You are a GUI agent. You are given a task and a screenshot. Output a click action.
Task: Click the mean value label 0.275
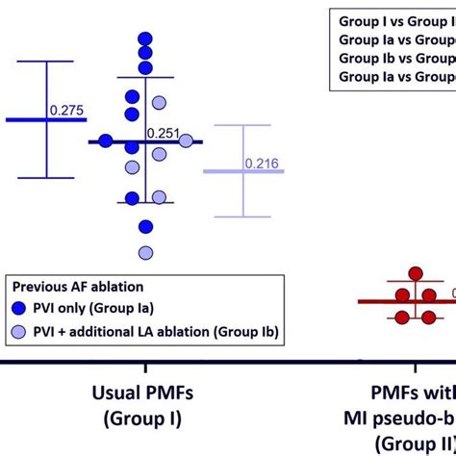point(65,110)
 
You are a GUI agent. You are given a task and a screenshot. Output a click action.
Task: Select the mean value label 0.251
point(164,133)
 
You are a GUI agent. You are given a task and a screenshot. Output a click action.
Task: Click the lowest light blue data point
point(145,252)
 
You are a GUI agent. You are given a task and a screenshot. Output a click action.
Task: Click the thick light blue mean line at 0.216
point(231,171)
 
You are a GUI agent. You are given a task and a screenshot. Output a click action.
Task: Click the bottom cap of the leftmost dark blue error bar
point(45,176)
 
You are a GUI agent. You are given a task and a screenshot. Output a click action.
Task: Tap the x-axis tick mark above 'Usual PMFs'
point(145,367)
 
